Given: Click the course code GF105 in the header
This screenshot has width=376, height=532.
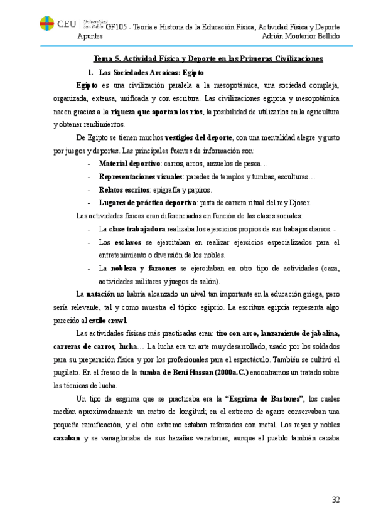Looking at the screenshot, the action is click(x=115, y=28).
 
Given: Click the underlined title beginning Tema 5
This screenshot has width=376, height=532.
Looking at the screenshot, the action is click(x=208, y=59).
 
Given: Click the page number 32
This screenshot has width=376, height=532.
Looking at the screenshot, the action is click(x=336, y=499).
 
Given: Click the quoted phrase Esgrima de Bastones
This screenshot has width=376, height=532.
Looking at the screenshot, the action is click(x=264, y=398).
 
